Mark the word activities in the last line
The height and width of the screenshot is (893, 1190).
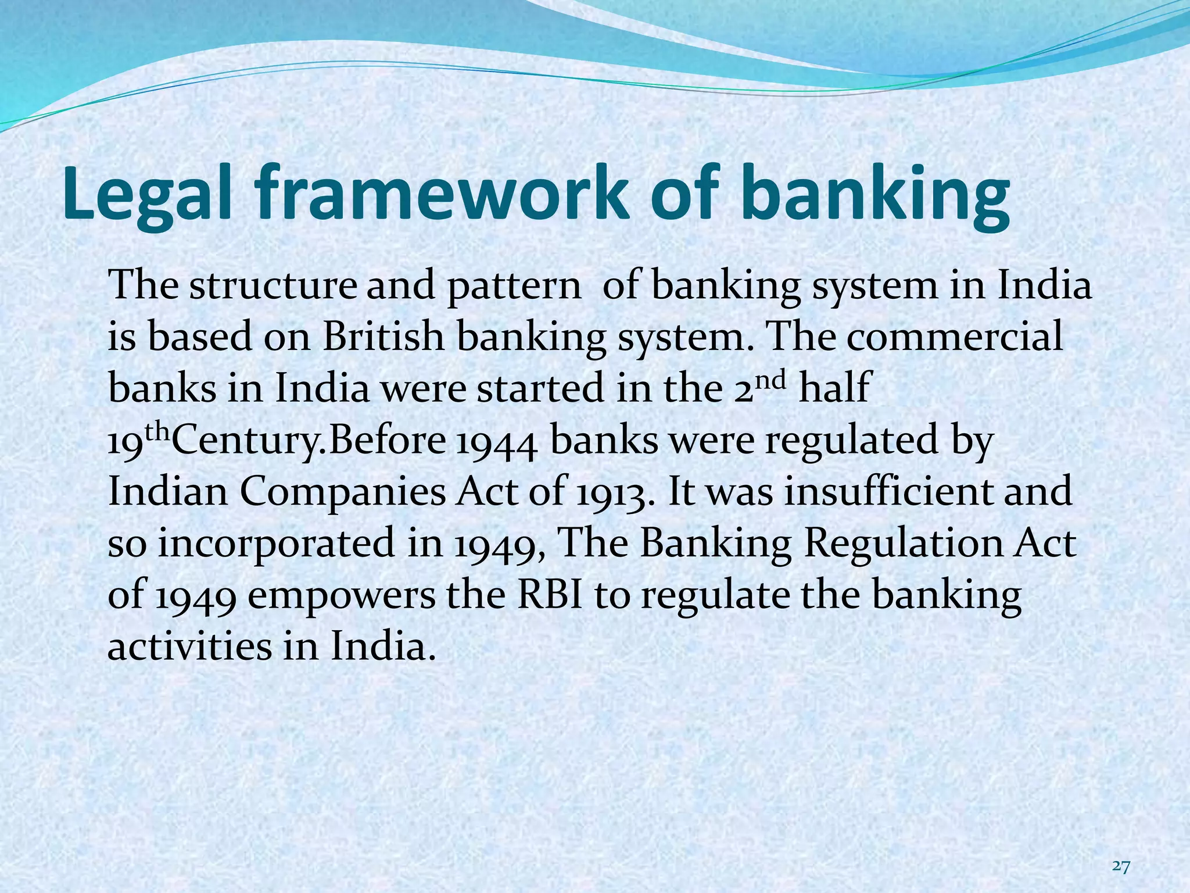[x=189, y=646]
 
